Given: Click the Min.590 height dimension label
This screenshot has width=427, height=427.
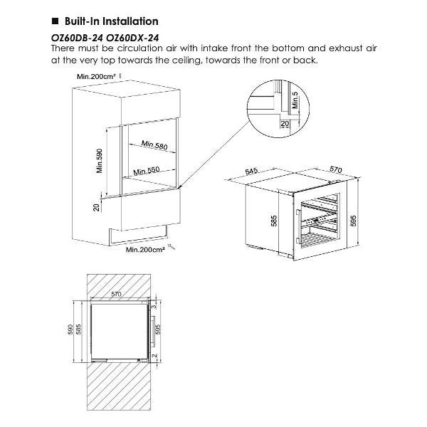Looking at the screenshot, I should pyautogui.click(x=100, y=162).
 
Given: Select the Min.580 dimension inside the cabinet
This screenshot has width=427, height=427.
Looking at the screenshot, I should pyautogui.click(x=154, y=144).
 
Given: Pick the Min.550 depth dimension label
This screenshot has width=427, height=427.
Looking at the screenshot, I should pyautogui.click(x=145, y=172).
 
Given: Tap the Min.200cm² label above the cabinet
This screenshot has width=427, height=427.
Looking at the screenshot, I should pyautogui.click(x=97, y=75).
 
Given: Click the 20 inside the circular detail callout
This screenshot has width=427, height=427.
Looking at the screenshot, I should pyautogui.click(x=285, y=124).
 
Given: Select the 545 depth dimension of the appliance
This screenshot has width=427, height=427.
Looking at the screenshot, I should pyautogui.click(x=251, y=172).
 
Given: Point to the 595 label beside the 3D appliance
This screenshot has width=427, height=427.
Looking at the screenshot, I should pyautogui.click(x=362, y=221).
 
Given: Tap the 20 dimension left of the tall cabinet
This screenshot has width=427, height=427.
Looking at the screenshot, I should pyautogui.click(x=97, y=208).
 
